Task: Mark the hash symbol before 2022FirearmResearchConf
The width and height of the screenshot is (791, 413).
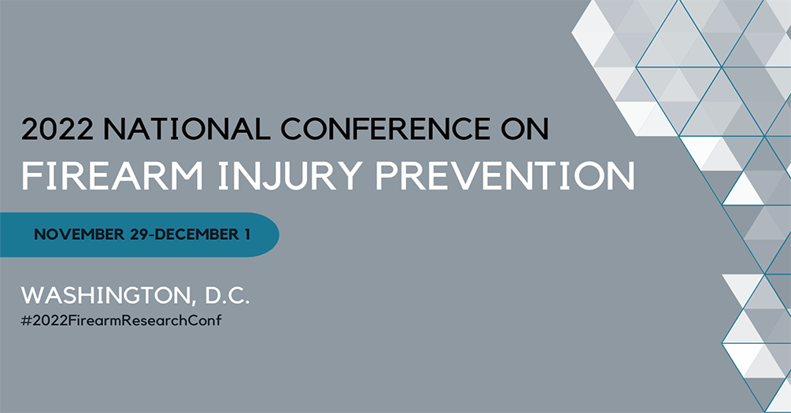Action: click(25, 322)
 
